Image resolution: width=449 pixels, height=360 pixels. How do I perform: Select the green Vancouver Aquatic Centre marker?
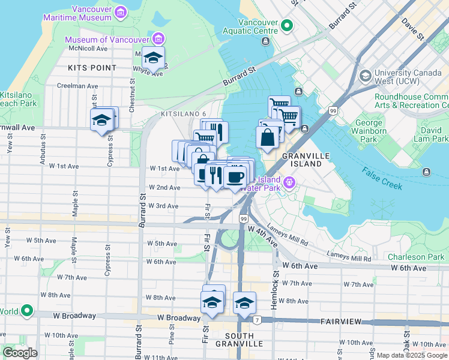[287, 26]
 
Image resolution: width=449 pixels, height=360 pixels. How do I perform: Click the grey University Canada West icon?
[365, 76]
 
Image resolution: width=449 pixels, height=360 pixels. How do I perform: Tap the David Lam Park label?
[430, 134]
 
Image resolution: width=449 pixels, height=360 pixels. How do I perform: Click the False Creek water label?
[382, 178]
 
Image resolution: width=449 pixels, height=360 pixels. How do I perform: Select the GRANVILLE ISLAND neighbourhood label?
[304, 160]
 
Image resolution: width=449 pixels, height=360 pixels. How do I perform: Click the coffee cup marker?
[236, 176]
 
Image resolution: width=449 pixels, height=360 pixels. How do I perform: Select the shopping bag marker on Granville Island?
[267, 137]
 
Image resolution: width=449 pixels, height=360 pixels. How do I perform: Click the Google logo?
[20, 353]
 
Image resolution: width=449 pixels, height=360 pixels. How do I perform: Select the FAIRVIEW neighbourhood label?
[340, 322]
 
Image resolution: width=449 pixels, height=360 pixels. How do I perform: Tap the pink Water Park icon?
[289, 181]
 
